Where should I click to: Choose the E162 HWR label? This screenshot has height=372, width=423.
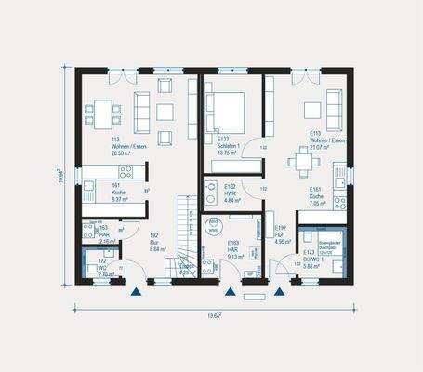click(232, 194)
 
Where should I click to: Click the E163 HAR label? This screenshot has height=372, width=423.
click(233, 247)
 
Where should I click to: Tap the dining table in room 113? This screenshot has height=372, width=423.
click(99, 113)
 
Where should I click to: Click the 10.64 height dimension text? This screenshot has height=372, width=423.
click(60, 174)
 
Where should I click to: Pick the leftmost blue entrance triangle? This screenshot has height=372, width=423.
click(137, 291)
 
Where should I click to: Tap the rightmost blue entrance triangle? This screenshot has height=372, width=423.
click(280, 291)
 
